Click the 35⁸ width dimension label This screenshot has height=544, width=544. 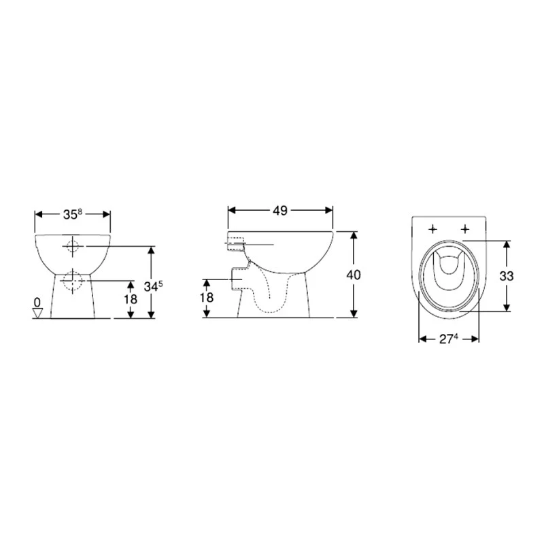tap(73, 214)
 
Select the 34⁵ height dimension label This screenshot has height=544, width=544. tap(153, 286)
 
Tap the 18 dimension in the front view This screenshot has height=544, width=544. tap(131, 299)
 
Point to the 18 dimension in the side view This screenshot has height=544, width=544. tap(207, 297)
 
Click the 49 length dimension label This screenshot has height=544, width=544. tap(280, 210)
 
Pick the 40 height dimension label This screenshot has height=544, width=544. tap(354, 275)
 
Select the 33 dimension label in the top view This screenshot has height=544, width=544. tap(507, 276)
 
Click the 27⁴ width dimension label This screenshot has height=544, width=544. tap(449, 339)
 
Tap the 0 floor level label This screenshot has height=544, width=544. tap(37, 302)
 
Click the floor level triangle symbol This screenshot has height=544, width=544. tap(37, 313)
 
